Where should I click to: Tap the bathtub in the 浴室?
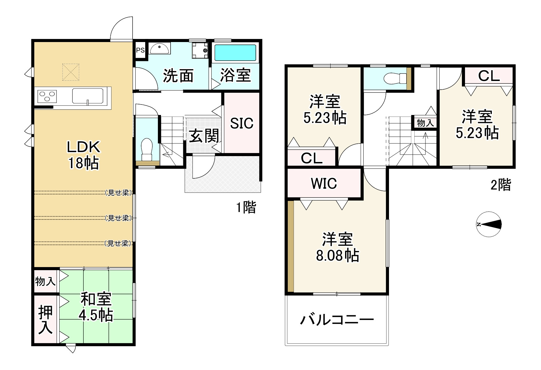(x=235, y=53)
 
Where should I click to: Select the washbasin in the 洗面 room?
(x=159, y=49)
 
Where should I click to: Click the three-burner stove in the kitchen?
(x=47, y=96)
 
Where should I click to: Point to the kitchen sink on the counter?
(x=88, y=96)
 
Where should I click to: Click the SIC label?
(x=242, y=123)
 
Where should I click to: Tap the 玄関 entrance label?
(x=204, y=136)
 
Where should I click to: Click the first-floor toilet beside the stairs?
(x=147, y=148)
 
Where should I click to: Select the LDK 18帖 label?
(x=83, y=155)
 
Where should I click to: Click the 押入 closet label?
(x=45, y=320)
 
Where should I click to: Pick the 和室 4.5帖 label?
(x=96, y=307)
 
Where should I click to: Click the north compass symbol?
(x=489, y=224)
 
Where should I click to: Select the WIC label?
(x=323, y=183)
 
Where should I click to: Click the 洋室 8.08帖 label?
(x=337, y=247)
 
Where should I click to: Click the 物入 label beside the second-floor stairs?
(x=425, y=123)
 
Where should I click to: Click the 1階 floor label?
(x=246, y=207)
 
